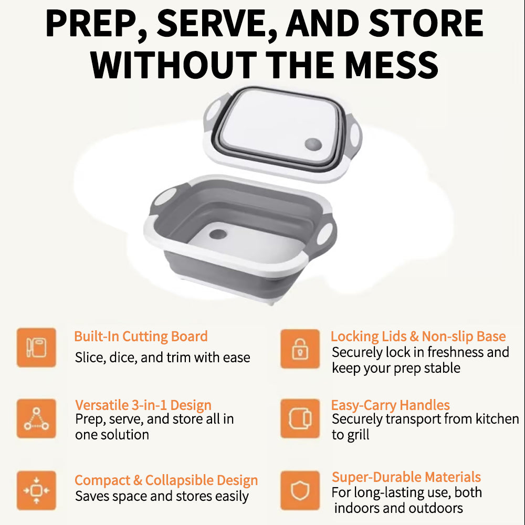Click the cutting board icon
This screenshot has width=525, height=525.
(x=37, y=348)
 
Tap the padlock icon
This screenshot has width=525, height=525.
(x=300, y=349)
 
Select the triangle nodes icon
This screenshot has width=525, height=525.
(x=37, y=418)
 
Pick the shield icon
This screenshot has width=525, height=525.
(x=300, y=490)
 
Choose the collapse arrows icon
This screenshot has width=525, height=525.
(x=37, y=490)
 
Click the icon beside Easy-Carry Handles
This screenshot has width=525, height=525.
(x=300, y=418)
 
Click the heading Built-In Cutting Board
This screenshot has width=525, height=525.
(x=141, y=337)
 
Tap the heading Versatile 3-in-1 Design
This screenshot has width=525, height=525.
(x=143, y=405)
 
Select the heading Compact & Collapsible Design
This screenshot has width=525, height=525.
(x=166, y=480)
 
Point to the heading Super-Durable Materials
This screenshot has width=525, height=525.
(x=406, y=477)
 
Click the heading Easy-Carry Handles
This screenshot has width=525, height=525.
(x=391, y=405)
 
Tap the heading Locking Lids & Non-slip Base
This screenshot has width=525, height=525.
(x=418, y=337)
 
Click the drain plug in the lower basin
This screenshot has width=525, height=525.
(x=218, y=234)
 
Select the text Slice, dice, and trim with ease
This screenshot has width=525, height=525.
(x=162, y=358)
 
